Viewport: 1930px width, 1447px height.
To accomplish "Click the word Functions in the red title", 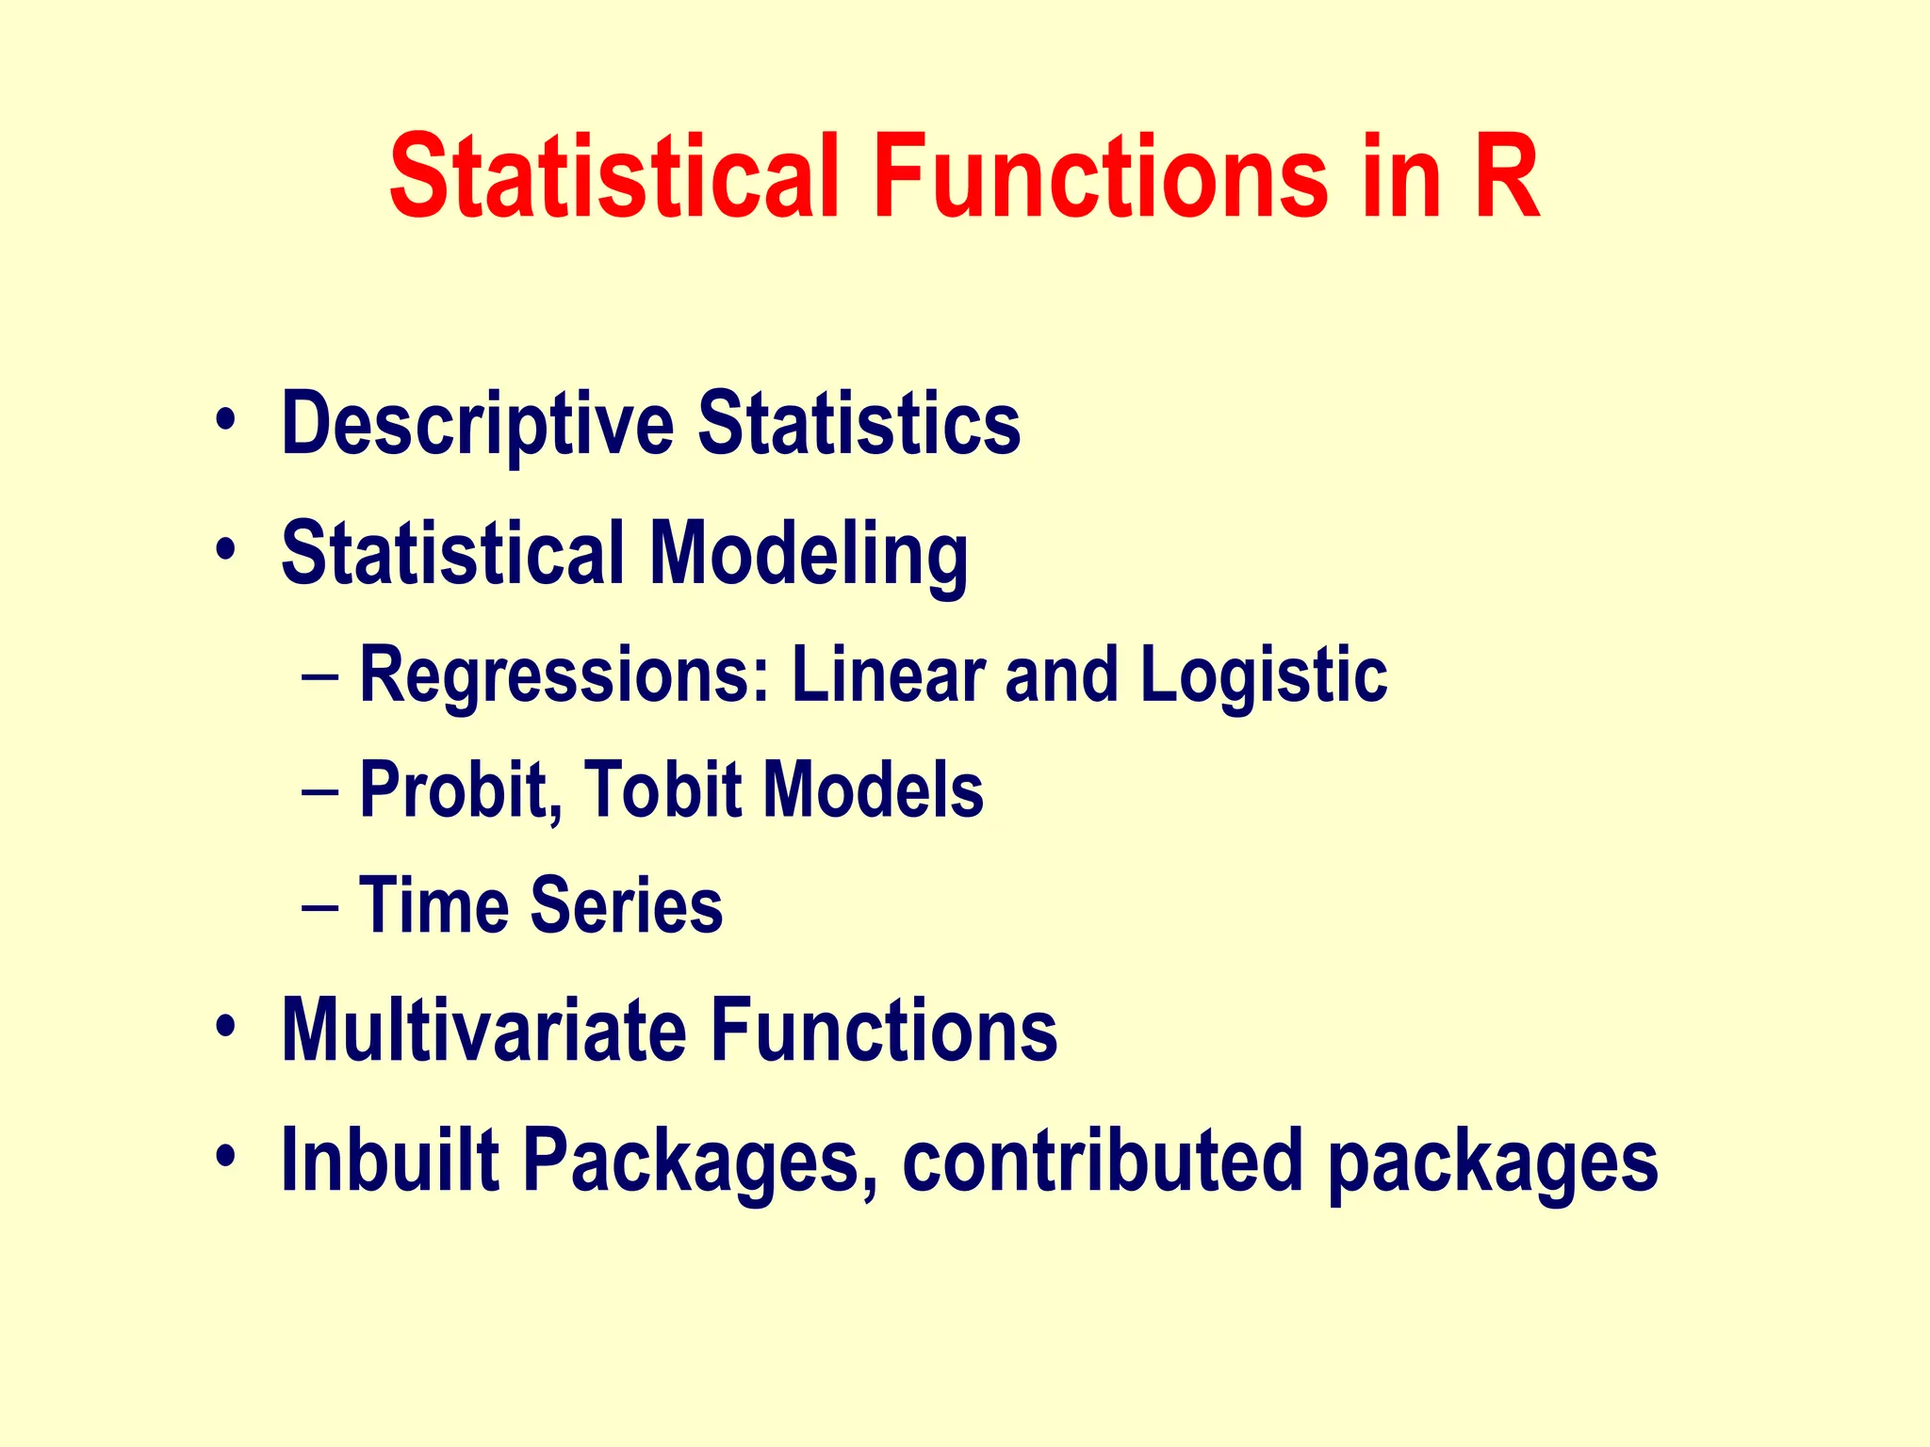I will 1099,177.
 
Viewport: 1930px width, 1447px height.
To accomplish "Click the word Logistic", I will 1263,675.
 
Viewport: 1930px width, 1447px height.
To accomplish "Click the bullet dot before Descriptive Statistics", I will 224,418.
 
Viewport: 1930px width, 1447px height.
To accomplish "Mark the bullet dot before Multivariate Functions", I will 224,1024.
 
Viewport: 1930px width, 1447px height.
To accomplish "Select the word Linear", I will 888,675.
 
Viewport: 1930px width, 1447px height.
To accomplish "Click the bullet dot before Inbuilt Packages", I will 224,1154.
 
